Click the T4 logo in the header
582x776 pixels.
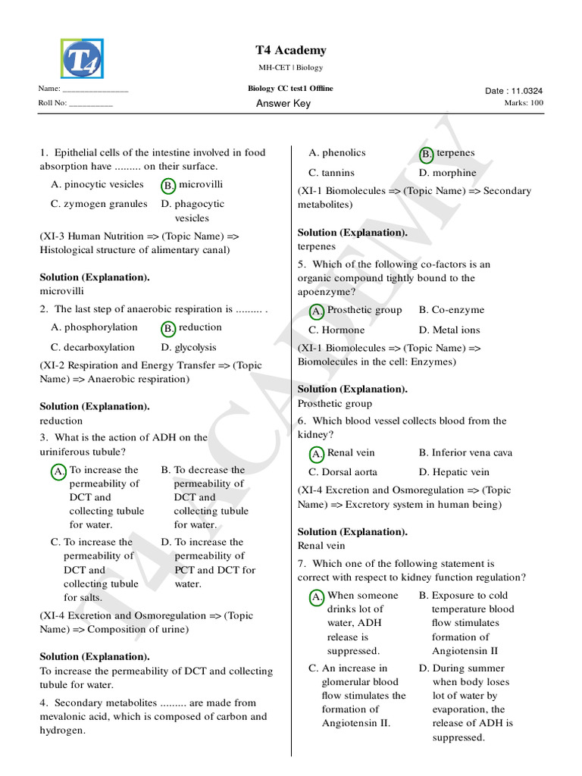coord(82,60)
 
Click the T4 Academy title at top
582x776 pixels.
coord(291,51)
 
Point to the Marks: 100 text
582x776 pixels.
coord(524,103)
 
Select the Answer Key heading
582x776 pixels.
coord(283,104)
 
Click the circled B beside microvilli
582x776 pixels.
coord(168,185)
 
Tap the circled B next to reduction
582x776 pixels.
coord(168,328)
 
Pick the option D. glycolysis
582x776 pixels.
coord(189,348)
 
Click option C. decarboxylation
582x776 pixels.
coord(93,348)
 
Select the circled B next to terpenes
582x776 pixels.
coord(427,154)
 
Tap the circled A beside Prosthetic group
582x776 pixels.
coord(318,311)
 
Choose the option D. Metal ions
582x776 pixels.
coord(449,330)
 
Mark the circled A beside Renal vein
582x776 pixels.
coord(318,454)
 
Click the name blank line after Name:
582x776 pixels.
coord(95,91)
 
